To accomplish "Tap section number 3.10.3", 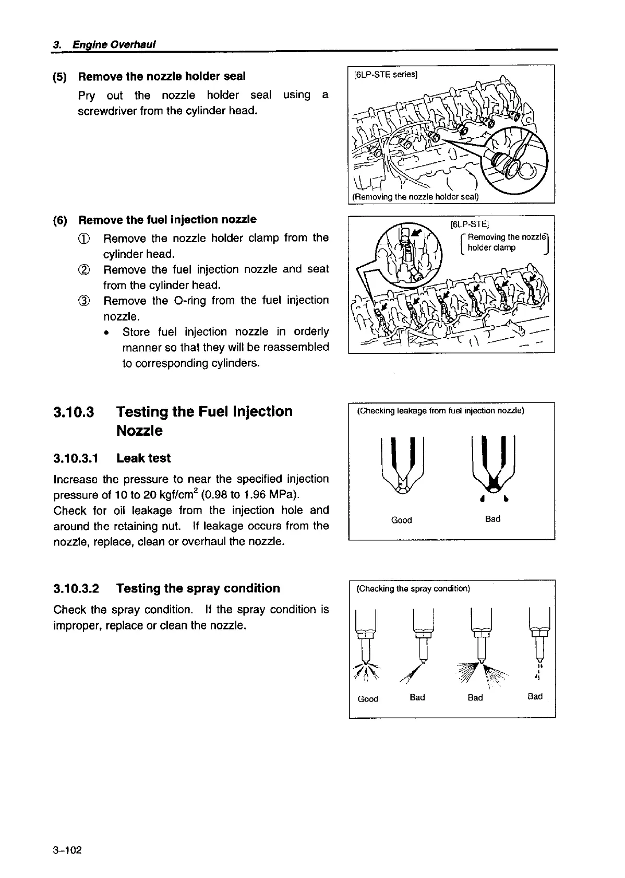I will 74,412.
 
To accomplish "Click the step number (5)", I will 60,77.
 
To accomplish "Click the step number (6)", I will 60,220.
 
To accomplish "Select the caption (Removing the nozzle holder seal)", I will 415,197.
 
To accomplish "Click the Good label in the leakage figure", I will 401,520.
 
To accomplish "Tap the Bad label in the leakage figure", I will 492,519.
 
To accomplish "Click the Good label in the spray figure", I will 368,698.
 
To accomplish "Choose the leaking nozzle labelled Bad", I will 493,465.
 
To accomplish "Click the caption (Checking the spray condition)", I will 413,589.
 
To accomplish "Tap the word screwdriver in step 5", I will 107,111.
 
